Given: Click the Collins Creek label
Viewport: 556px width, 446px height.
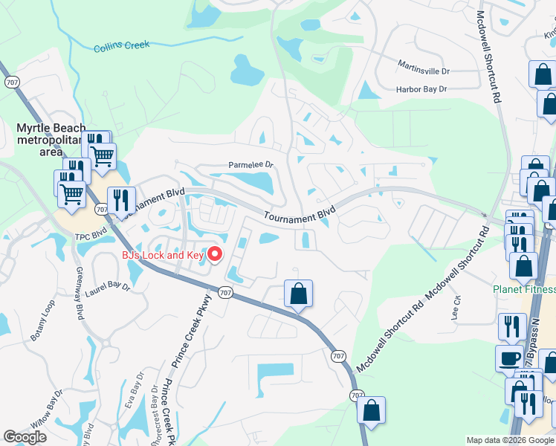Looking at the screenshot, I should [121, 47].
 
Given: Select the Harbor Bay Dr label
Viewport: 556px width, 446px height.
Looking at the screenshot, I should [421, 89].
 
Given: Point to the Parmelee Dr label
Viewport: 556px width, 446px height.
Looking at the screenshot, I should [251, 165].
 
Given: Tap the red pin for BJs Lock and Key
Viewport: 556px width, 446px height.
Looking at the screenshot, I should [216, 255].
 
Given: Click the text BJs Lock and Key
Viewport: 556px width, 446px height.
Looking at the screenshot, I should [164, 256].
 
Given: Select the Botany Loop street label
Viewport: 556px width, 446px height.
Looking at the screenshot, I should [43, 326].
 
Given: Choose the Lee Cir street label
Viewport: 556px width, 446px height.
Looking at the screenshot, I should [456, 306].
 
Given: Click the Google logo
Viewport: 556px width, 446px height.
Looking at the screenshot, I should [25, 437].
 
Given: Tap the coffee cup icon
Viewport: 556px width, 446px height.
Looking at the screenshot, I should [510, 358].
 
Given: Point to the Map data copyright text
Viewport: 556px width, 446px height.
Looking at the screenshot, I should [509, 440].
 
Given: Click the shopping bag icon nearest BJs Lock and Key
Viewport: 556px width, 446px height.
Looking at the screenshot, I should [298, 294].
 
